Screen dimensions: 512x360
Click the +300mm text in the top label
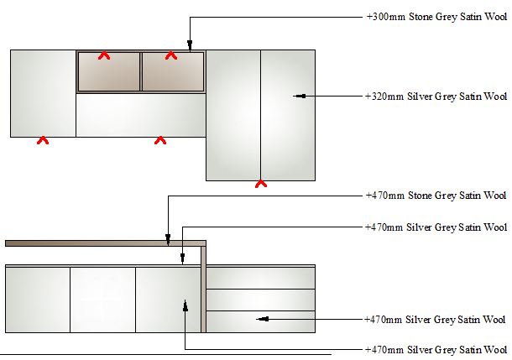click(x=386, y=17)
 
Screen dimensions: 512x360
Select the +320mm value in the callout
click(x=384, y=97)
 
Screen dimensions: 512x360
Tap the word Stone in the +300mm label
click(x=421, y=17)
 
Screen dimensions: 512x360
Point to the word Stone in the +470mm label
click(x=421, y=196)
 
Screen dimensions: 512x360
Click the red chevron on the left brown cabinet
click(x=104, y=55)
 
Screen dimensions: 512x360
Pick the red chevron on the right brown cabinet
click(x=171, y=55)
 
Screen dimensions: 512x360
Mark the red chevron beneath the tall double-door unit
click(x=261, y=184)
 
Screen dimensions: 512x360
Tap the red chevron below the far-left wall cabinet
click(x=43, y=140)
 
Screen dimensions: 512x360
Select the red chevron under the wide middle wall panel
click(x=160, y=140)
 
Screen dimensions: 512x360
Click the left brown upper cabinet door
click(x=109, y=71)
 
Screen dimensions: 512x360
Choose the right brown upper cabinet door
click(x=173, y=71)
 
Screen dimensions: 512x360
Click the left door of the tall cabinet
click(x=233, y=115)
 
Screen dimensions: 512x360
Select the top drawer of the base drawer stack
click(x=260, y=279)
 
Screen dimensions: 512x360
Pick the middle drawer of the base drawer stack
click(x=260, y=300)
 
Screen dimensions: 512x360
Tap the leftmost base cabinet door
click(x=38, y=300)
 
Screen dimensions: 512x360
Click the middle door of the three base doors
click(x=103, y=300)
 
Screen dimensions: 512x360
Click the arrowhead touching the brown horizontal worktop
click(x=168, y=239)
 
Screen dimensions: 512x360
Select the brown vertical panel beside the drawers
click(x=203, y=290)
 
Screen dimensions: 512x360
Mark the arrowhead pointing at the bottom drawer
click(x=263, y=319)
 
